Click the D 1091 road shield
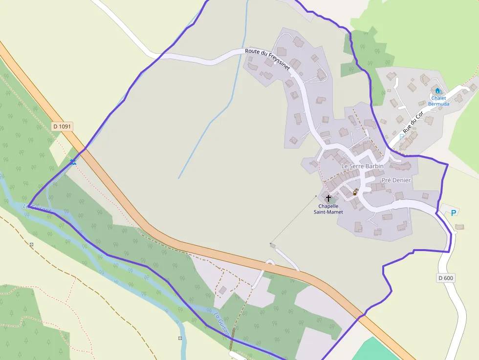click(x=62, y=127)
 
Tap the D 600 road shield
click(x=445, y=278)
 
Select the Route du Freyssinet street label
click(x=267, y=59)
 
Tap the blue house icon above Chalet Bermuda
click(x=437, y=91)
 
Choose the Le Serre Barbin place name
click(x=362, y=166)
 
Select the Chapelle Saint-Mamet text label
click(x=328, y=209)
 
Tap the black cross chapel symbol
click(x=328, y=198)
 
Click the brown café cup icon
click(x=355, y=192)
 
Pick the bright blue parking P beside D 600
click(x=454, y=212)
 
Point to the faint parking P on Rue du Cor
click(x=402, y=136)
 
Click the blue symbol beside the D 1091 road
click(x=73, y=162)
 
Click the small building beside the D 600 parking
click(x=459, y=227)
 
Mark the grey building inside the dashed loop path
click(x=223, y=290)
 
